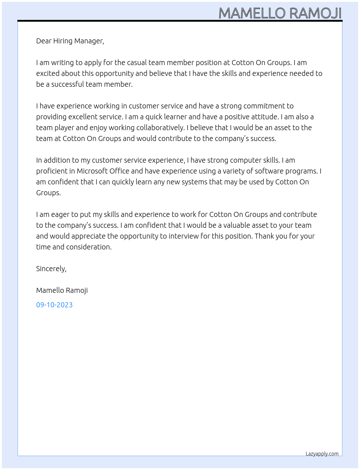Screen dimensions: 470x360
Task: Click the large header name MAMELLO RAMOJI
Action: [280, 13]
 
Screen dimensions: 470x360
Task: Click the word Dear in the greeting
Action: [44, 41]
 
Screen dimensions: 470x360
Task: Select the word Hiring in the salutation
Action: [63, 41]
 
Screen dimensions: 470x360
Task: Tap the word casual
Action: [137, 63]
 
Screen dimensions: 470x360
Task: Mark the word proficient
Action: [51, 171]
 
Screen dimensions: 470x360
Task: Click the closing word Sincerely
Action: [51, 269]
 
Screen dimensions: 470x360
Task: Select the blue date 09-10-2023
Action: [54, 305]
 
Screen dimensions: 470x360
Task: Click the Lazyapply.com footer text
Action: [322, 454]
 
